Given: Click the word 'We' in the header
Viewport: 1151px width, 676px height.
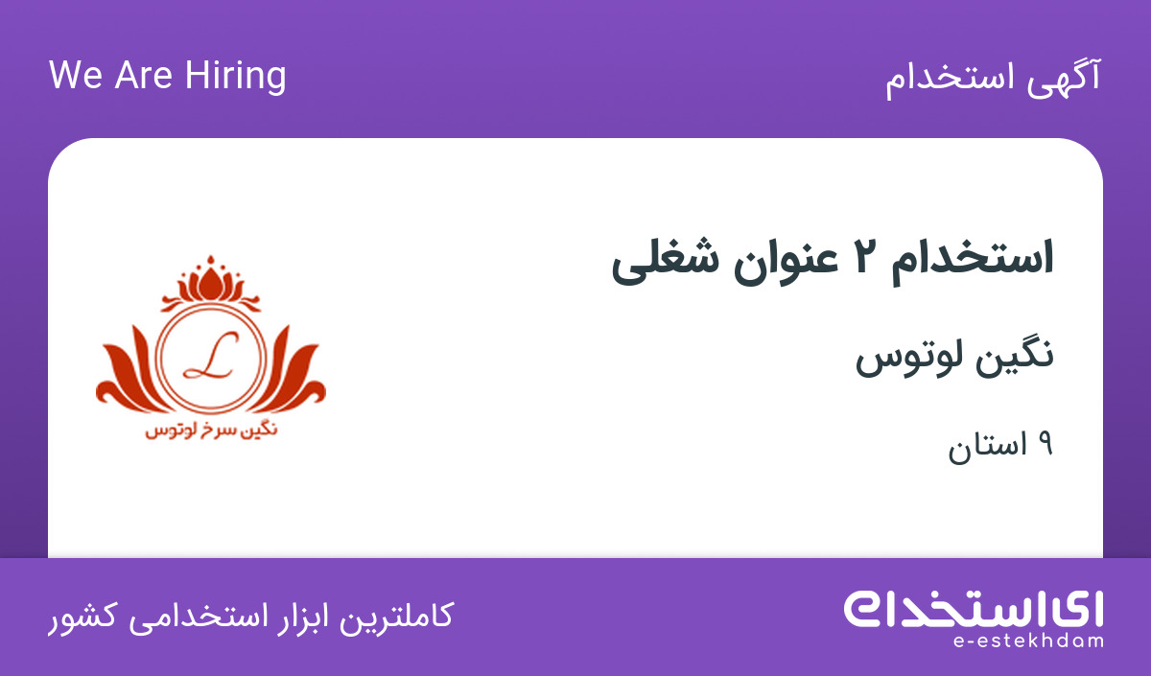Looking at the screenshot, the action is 76,75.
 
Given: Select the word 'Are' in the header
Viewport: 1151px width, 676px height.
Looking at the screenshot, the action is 143,75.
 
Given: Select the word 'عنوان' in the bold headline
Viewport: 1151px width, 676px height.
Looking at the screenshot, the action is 786,261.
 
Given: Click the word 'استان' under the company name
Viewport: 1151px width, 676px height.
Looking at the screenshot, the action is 987,446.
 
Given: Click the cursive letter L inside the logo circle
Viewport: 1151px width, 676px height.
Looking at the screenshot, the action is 211,355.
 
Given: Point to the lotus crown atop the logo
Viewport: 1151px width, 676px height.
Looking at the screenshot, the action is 211,284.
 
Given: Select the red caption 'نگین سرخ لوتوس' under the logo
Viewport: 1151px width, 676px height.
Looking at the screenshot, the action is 211,430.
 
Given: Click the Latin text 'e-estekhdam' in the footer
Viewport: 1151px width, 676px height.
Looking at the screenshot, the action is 1028,641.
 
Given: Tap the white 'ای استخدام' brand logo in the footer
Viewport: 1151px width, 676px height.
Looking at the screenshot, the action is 974,609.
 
